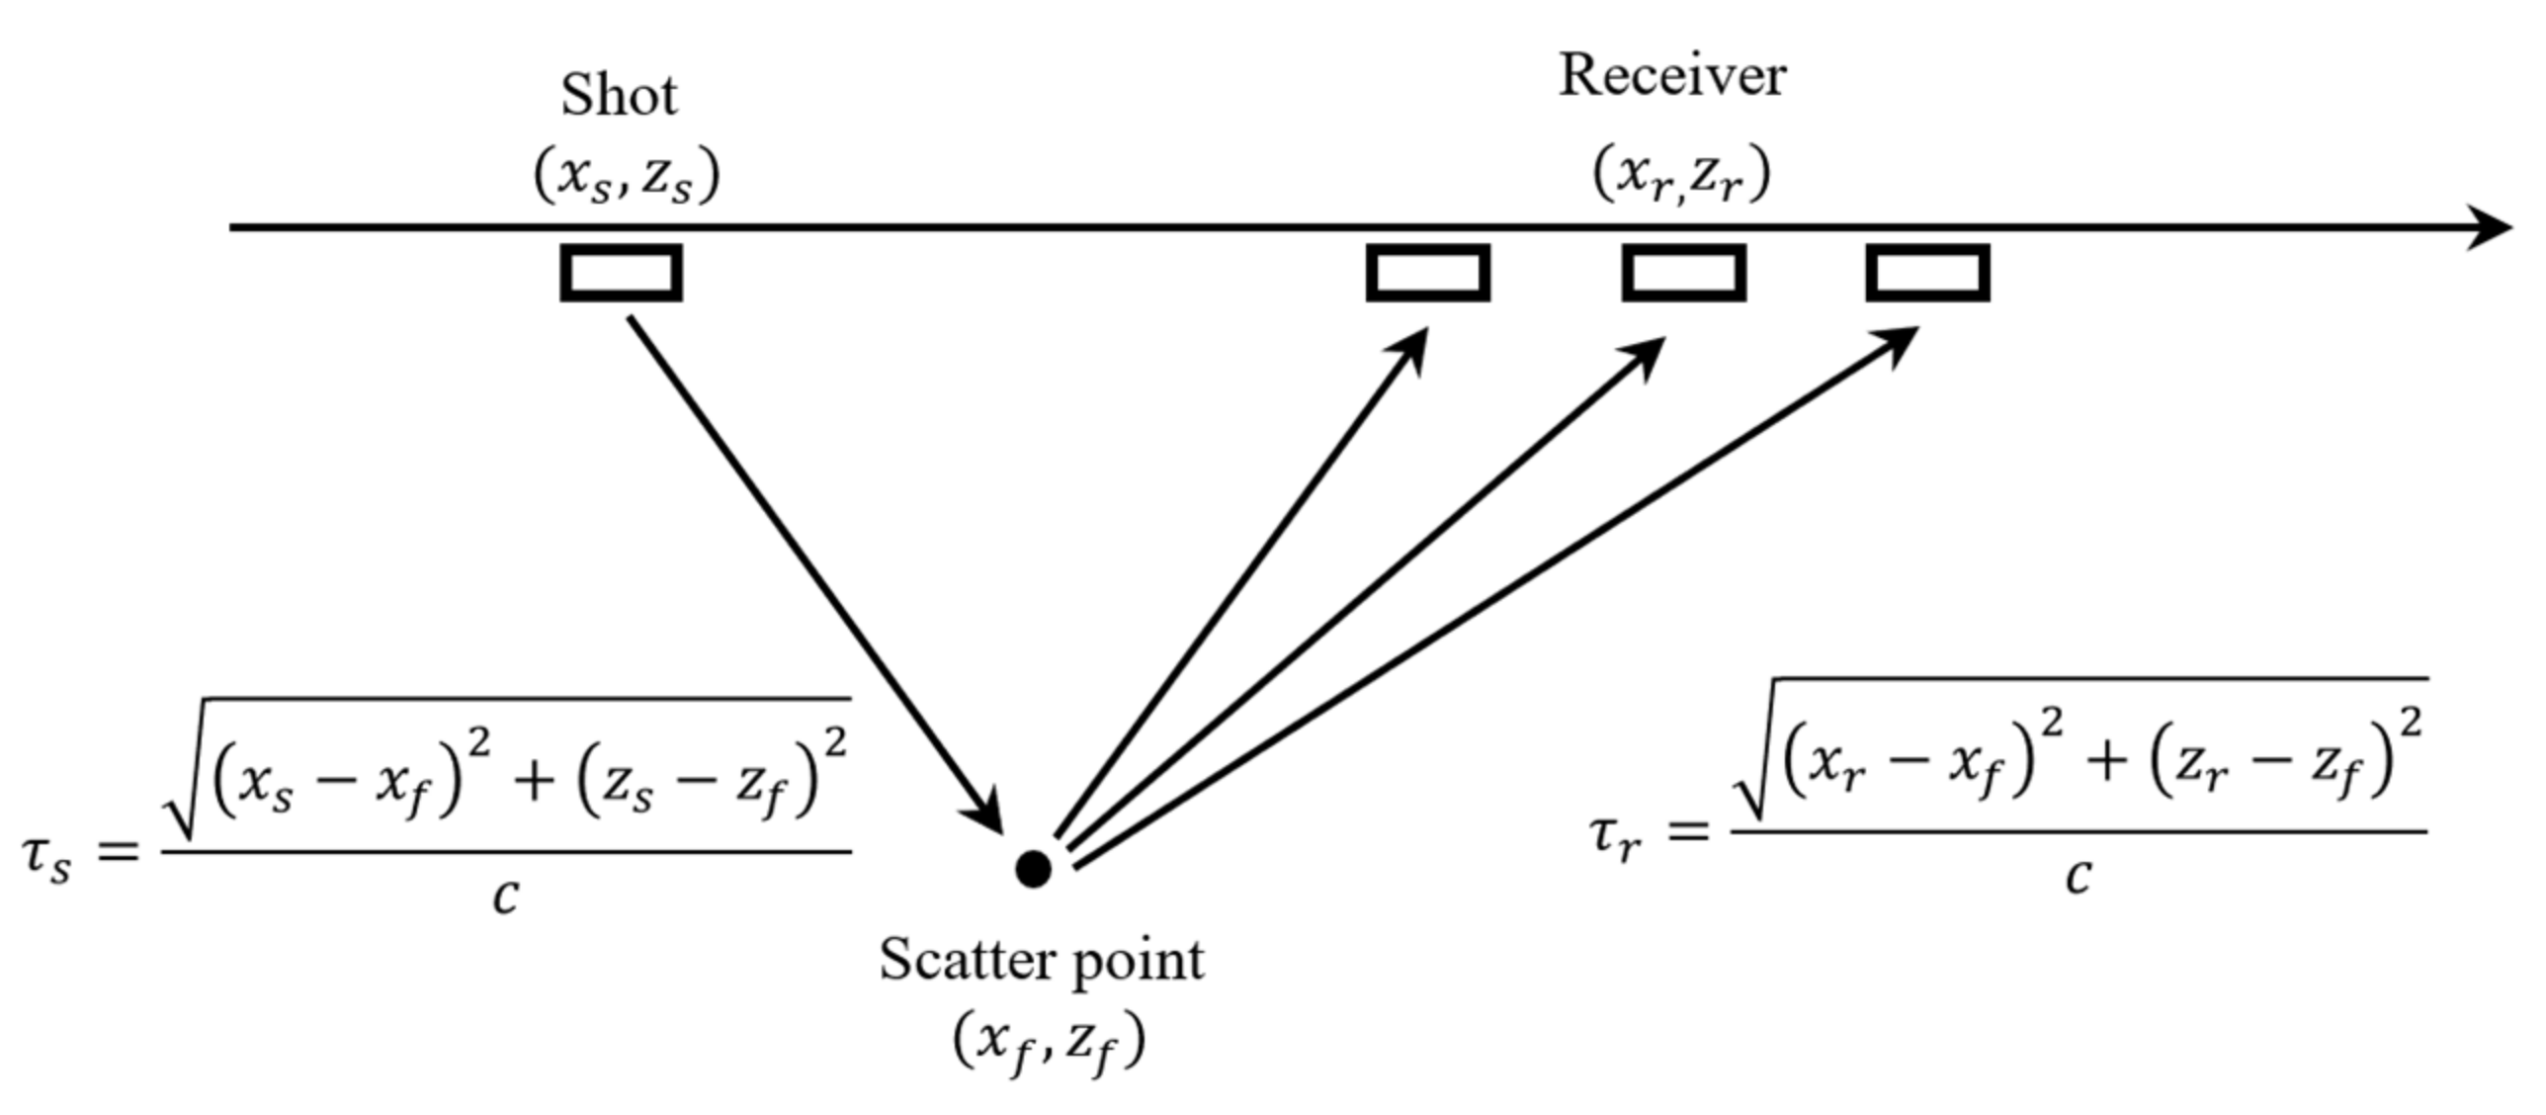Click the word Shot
619,96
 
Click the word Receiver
1672,76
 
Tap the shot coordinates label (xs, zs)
627,178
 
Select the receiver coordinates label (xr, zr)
1680,176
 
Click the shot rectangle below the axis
621,273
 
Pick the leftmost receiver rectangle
1427,273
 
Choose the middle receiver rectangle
1683,273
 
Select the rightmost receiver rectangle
1927,273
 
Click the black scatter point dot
1033,869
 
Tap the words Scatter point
1042,961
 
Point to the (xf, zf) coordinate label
1048,1042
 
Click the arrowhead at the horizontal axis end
2491,228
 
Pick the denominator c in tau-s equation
506,897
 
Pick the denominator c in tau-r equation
2078,876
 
